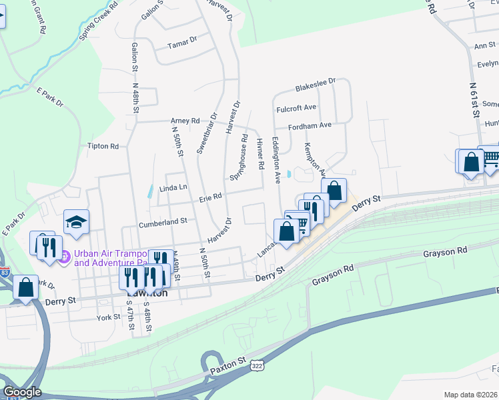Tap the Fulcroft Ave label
coord(296,107)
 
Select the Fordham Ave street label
coord(310,125)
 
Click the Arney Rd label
coord(185,121)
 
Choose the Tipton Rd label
coord(103,146)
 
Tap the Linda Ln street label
coord(173,189)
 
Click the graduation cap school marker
coord(76,221)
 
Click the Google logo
coord(22,392)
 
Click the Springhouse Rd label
coord(238,162)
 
